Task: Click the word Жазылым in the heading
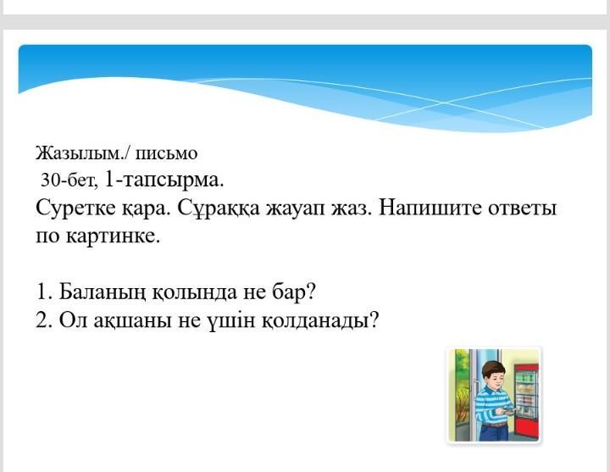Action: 79,154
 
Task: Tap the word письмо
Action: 167,154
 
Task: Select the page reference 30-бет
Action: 69,180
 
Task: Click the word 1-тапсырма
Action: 164,181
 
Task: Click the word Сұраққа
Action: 219,208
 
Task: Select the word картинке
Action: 113,236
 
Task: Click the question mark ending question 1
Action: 310,292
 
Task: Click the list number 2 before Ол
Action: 41,321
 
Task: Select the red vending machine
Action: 526,402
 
